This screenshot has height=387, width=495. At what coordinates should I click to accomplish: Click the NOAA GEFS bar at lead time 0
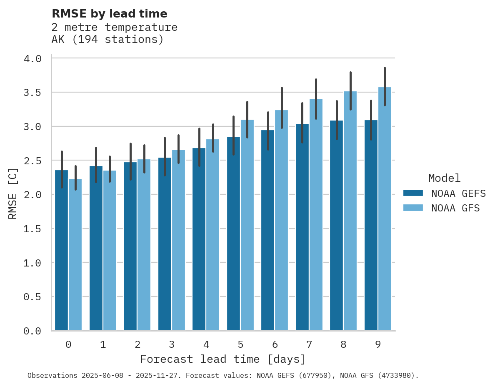click(61, 250)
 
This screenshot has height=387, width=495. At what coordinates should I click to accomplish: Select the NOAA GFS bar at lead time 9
click(385, 209)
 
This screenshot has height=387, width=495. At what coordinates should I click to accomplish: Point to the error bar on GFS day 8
click(350, 91)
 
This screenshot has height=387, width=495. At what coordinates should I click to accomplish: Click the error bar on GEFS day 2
click(130, 162)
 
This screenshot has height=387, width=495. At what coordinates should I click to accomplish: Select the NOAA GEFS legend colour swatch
click(413, 193)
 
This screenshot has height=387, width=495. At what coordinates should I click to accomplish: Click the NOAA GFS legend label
click(455, 208)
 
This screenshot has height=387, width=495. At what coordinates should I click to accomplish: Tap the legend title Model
click(444, 178)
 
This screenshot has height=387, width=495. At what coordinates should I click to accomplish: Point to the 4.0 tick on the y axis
click(32, 59)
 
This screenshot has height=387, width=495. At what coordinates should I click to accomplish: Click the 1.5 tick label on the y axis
click(32, 229)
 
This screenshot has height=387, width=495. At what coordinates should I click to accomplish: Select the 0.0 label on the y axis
click(32, 331)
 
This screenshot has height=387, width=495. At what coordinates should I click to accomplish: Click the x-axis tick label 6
click(275, 344)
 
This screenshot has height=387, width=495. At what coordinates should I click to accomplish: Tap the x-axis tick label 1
click(103, 344)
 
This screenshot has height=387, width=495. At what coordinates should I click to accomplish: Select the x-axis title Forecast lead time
click(223, 359)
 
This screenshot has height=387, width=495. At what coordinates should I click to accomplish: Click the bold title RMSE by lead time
click(109, 14)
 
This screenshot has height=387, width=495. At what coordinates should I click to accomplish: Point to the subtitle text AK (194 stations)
click(107, 40)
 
